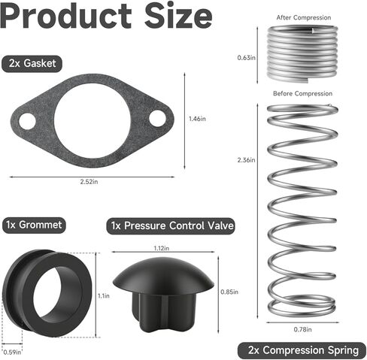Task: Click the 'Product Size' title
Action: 107,17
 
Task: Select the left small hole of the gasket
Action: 27,119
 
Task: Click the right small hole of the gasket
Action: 158,118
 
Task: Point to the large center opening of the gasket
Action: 93,118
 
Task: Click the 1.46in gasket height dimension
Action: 197,118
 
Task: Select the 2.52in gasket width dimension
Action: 93,182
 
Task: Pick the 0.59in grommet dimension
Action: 11,351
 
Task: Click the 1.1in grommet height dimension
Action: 104,296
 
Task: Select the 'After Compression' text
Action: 299,16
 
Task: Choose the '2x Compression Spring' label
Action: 302,349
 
